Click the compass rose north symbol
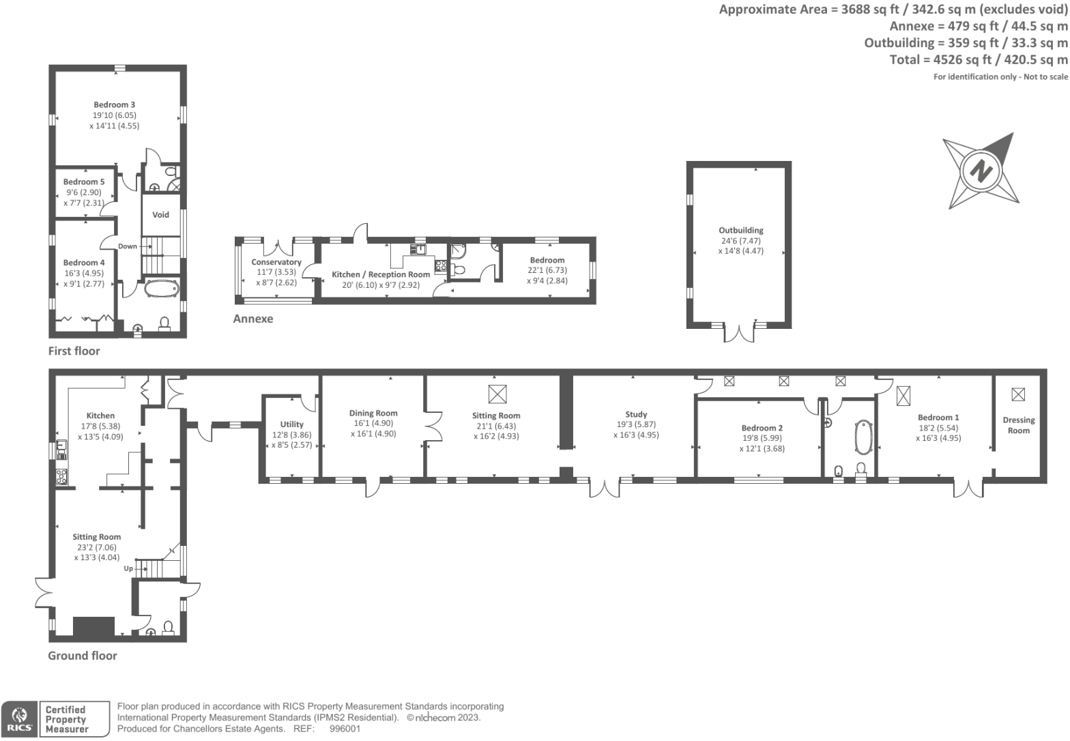(x=981, y=171)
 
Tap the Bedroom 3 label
(x=114, y=105)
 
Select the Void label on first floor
(x=160, y=215)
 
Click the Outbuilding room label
(x=740, y=231)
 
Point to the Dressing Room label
(x=1018, y=425)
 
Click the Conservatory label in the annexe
(x=276, y=263)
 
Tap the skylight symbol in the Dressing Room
(x=1017, y=394)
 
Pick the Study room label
(x=636, y=414)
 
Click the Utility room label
(x=291, y=424)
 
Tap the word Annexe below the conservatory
(x=252, y=319)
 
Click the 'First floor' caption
(x=74, y=351)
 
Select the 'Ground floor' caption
(x=82, y=656)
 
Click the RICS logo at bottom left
(x=19, y=719)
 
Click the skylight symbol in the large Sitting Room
(x=497, y=394)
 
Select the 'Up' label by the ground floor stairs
(x=128, y=568)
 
